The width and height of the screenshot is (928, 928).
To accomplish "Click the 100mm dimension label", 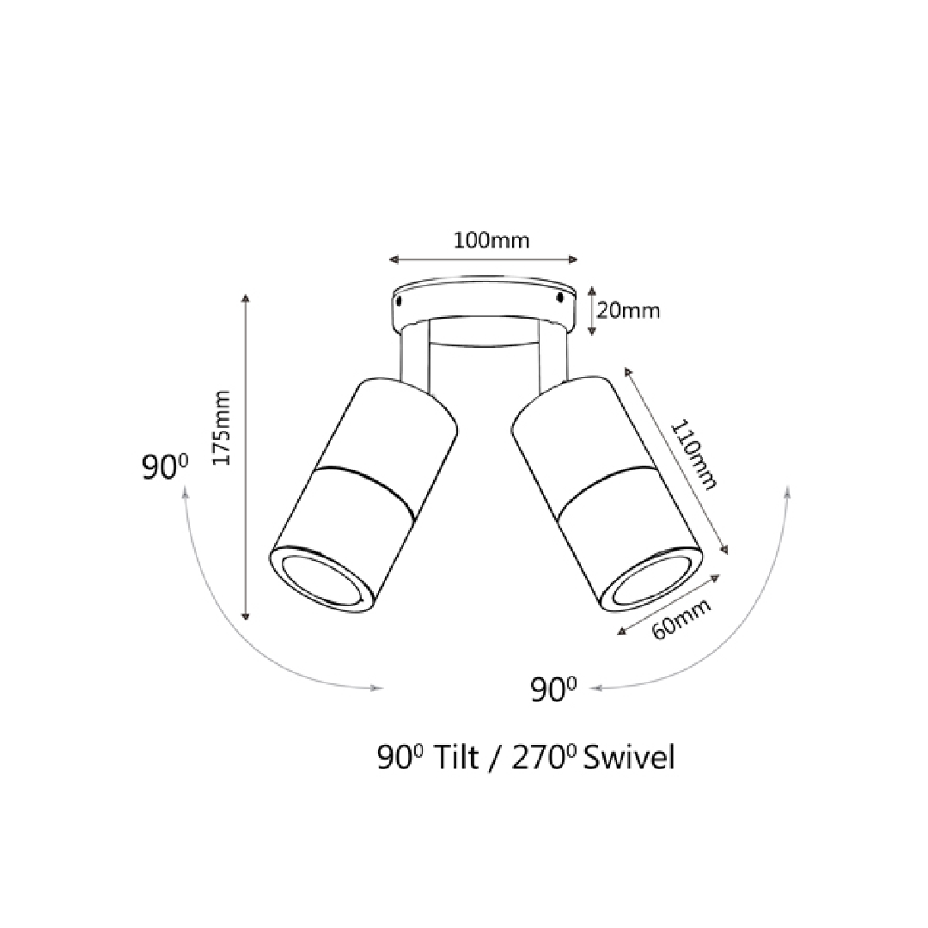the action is pos(491,241).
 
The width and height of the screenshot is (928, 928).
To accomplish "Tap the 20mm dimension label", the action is pos(628,311).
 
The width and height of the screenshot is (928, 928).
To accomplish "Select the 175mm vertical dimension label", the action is pos(222,427).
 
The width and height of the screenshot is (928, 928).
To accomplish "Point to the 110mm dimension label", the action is pos(693,455).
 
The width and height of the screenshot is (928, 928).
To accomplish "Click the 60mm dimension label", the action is pos(681,620).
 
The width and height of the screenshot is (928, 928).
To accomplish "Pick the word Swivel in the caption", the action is pos(628,758).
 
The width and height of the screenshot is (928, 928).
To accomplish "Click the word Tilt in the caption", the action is pos(455,758).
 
